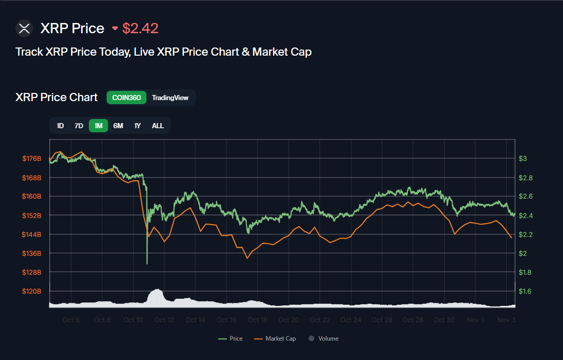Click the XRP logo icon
point(24,28)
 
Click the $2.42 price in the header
point(140,28)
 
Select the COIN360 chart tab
point(127,98)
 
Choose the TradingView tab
point(170,98)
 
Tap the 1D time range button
point(60,126)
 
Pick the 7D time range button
point(79,126)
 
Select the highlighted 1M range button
point(99,126)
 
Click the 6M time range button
point(118,126)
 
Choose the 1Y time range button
point(137,126)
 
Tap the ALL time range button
point(158,126)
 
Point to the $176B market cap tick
point(32,159)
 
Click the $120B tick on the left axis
point(32,291)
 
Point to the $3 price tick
point(523,159)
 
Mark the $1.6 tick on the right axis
point(526,291)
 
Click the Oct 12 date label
point(164,320)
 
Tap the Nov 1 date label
point(475,320)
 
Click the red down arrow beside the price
point(115,29)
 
